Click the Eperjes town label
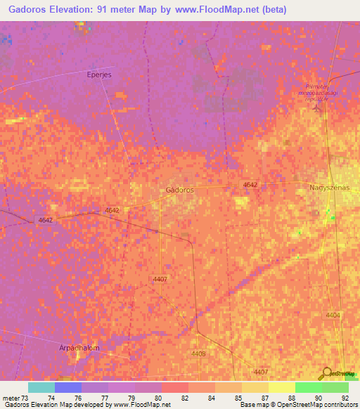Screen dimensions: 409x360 pos(99,74)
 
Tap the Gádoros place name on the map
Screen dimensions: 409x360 pos(179,190)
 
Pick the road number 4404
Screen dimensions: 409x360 pos(333,316)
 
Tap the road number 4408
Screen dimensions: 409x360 pos(198,353)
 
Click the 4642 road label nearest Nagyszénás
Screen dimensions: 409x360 pos(250,184)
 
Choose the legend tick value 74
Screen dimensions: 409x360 pos(51,398)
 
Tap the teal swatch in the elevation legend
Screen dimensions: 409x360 pos(41,387)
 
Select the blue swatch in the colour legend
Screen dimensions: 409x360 pos(67,387)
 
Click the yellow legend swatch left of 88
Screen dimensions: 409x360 pos(281,387)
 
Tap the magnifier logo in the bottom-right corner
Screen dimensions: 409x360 pos(326,373)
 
